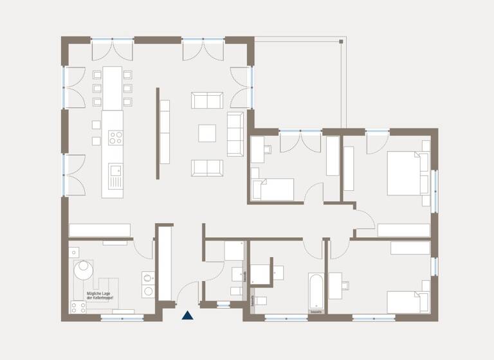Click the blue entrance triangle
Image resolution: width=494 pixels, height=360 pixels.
pyautogui.click(x=187, y=315)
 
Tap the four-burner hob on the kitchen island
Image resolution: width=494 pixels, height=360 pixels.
pyautogui.click(x=115, y=137)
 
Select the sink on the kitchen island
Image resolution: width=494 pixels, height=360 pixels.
pyautogui.click(x=115, y=171)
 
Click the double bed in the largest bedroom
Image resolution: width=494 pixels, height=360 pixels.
pyautogui.click(x=407, y=173)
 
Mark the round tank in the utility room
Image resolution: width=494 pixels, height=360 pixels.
pyautogui.click(x=82, y=271)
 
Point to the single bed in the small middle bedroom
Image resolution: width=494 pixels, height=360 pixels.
pyautogui.click(x=273, y=190)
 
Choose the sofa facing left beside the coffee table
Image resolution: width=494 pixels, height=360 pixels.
pyautogui.click(x=234, y=133)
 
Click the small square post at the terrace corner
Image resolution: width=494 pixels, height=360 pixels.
pyautogui.click(x=340, y=41)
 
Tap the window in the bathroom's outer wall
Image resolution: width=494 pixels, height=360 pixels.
pyautogui.click(x=286, y=316)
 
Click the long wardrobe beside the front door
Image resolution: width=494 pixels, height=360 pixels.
pyautogui.click(x=165, y=264)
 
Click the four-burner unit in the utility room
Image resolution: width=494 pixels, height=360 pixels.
pyautogui.click(x=78, y=307)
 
